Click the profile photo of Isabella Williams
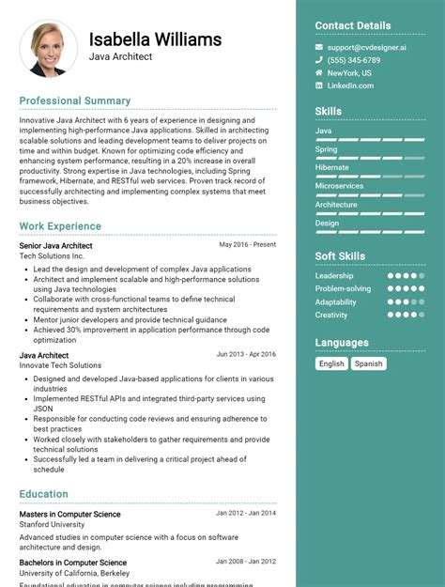[x=48, y=49]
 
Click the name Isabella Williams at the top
[x=156, y=39]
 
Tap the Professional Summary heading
[x=75, y=100]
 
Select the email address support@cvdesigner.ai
[x=366, y=47]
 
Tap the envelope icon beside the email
[x=319, y=47]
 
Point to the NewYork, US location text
[x=348, y=73]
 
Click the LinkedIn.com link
[x=350, y=85]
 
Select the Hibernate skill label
[x=331, y=167]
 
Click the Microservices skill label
[x=339, y=186]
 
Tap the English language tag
[x=331, y=363]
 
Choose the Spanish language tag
[x=368, y=363]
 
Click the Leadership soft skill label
[x=334, y=276]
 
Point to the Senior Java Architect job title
[x=55, y=245]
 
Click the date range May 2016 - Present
[x=248, y=244]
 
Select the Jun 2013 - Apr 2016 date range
[x=246, y=354]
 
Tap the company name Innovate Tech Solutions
[x=60, y=365]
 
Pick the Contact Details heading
[x=353, y=25]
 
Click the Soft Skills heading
[x=340, y=255]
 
